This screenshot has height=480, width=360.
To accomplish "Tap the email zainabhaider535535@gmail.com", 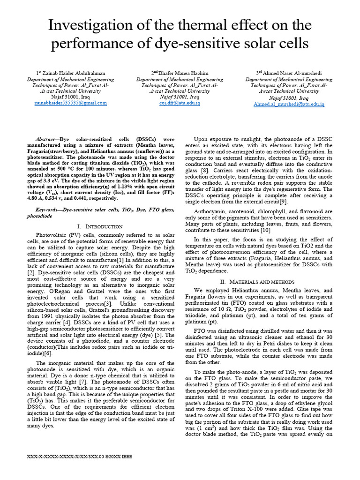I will click(x=71, y=103).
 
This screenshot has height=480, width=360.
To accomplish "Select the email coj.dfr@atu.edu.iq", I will click(x=180, y=103).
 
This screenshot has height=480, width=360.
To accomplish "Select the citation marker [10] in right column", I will click(x=265, y=231).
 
